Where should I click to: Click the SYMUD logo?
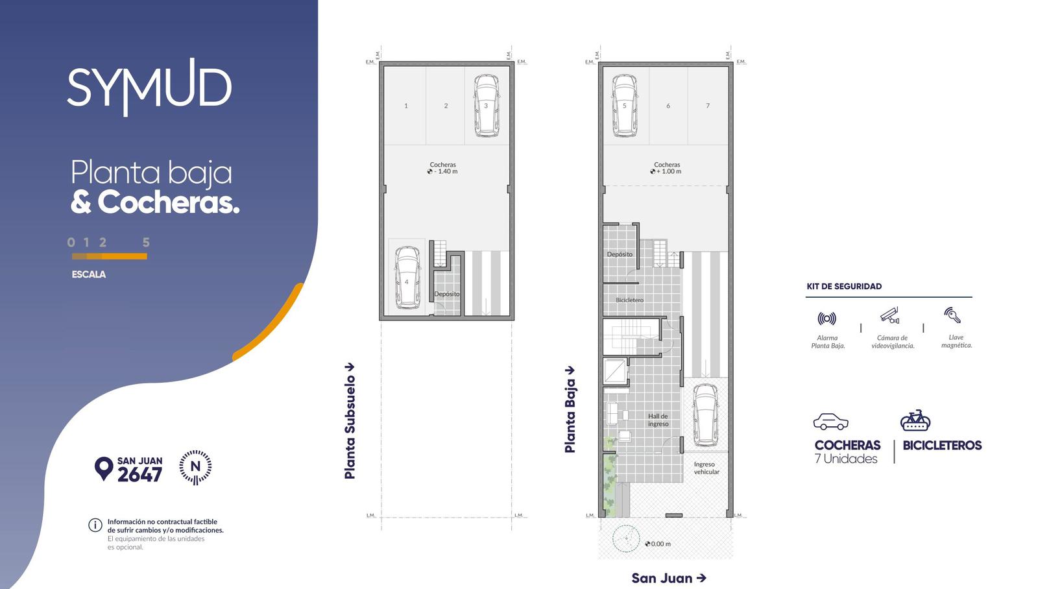[x=149, y=87]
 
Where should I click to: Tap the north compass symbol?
[x=195, y=467]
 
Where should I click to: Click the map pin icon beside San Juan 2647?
[x=104, y=468]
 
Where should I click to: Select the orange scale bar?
[x=110, y=256]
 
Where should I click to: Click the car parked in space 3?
[x=487, y=106]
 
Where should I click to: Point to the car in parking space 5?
[x=625, y=106]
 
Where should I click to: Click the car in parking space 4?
[x=408, y=277]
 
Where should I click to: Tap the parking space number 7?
[x=708, y=106]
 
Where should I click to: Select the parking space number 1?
[x=406, y=106]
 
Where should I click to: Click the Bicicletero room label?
[x=630, y=300]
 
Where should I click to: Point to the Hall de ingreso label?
[x=658, y=420]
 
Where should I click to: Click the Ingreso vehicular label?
[x=706, y=468]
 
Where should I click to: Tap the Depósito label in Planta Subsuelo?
[x=447, y=294]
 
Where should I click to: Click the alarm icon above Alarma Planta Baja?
[x=827, y=319]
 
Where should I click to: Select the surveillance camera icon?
[x=889, y=315]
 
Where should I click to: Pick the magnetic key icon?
[x=952, y=315]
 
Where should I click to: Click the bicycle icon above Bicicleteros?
[x=915, y=420]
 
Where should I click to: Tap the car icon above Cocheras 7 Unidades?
[x=831, y=421]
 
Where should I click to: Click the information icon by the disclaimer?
[x=95, y=525]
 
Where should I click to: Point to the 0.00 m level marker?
[x=658, y=544]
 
